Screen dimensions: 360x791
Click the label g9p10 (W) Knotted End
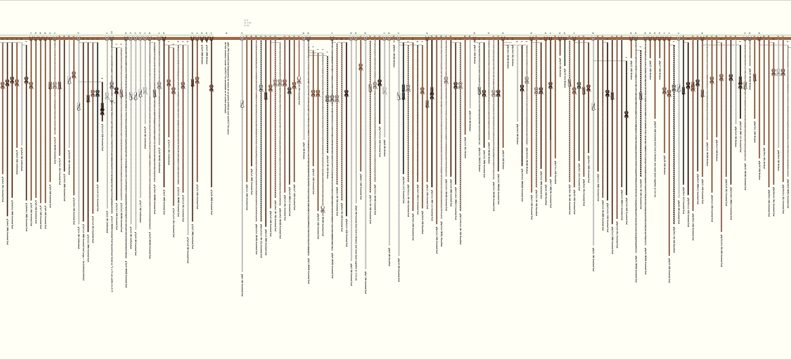click(399, 270)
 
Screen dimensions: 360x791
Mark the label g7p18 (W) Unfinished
click(145, 138)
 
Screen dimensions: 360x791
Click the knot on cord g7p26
click(211, 88)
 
